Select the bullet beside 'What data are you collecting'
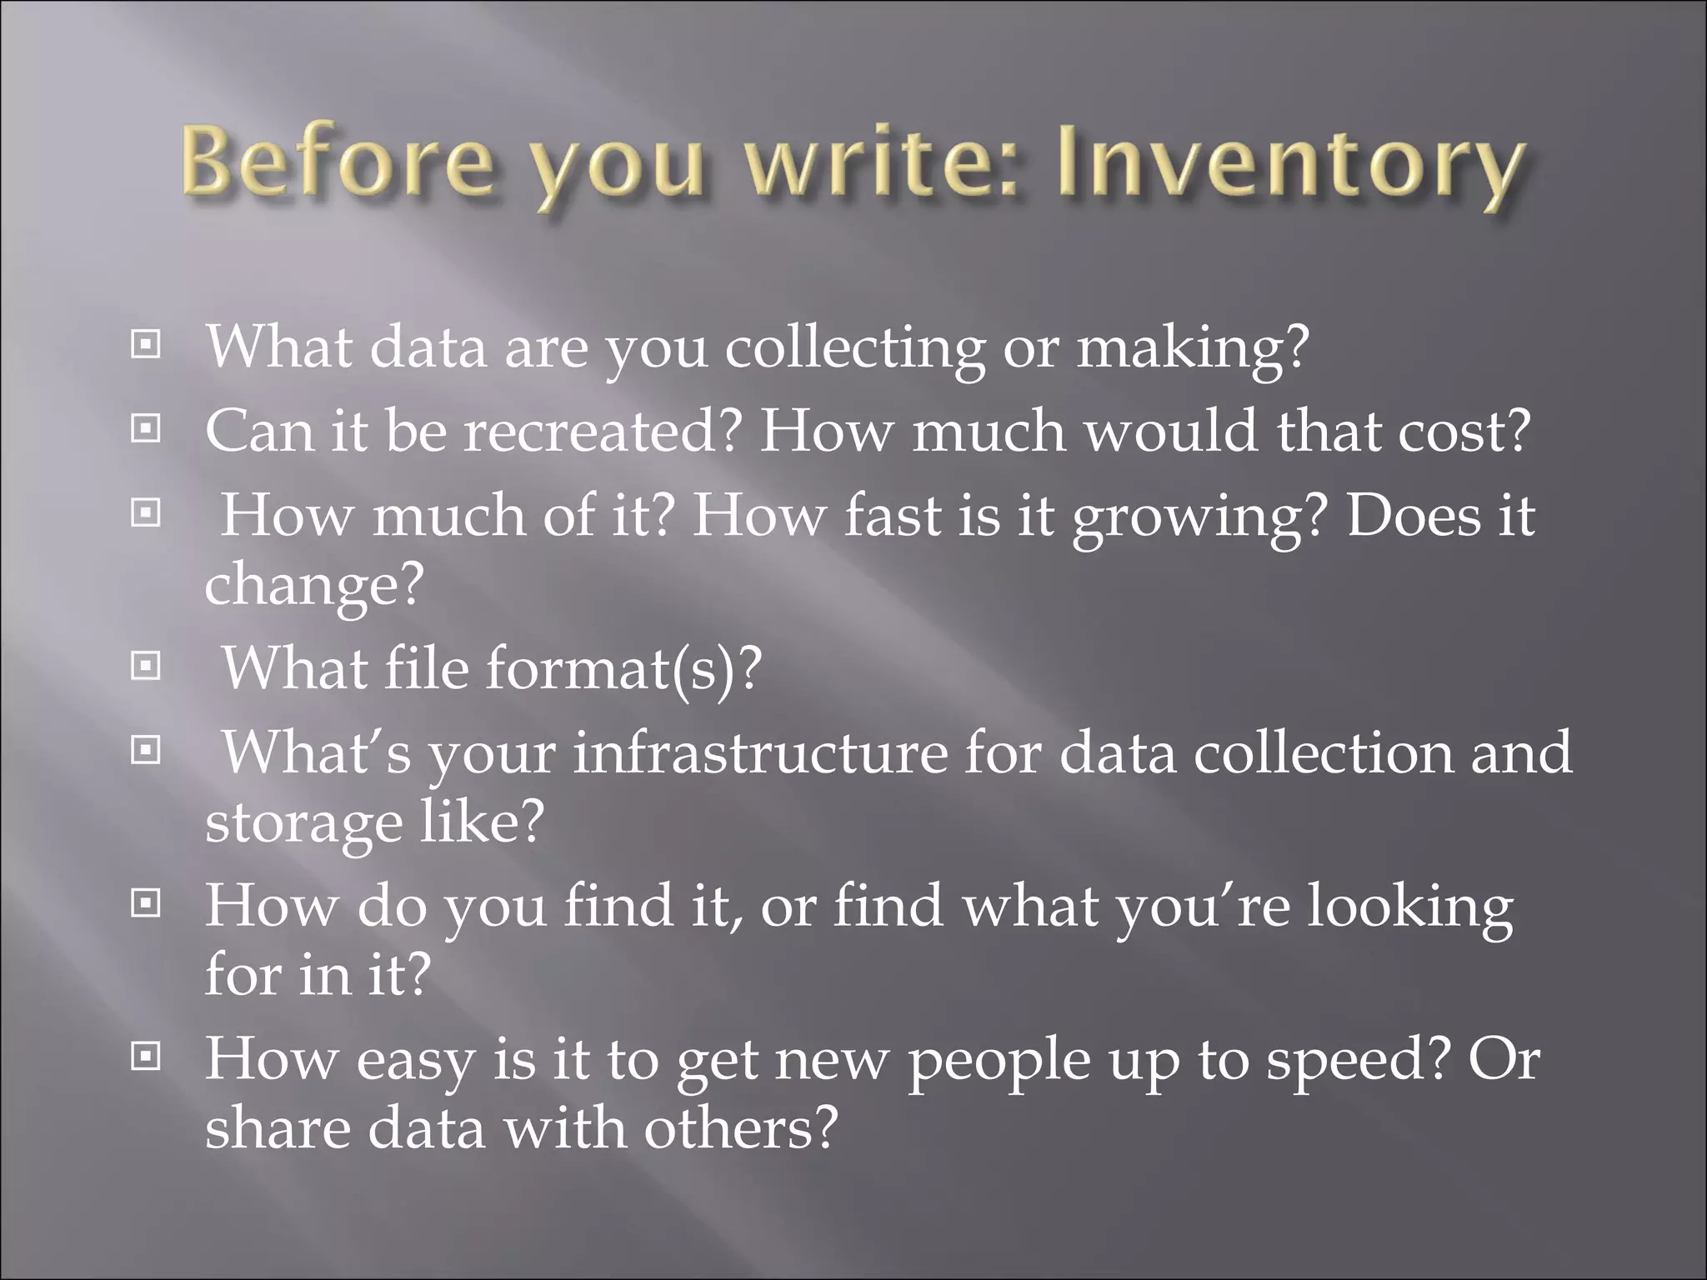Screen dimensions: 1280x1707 point(146,344)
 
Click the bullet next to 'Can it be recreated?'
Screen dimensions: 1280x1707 point(146,429)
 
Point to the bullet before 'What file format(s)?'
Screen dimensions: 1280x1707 point(146,666)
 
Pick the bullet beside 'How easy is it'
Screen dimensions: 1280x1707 point(146,1057)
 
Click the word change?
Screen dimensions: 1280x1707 point(314,587)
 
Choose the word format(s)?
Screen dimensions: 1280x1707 point(623,668)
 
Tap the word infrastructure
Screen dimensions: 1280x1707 point(760,752)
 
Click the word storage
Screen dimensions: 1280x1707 point(303,825)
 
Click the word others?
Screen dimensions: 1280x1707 point(740,1129)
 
